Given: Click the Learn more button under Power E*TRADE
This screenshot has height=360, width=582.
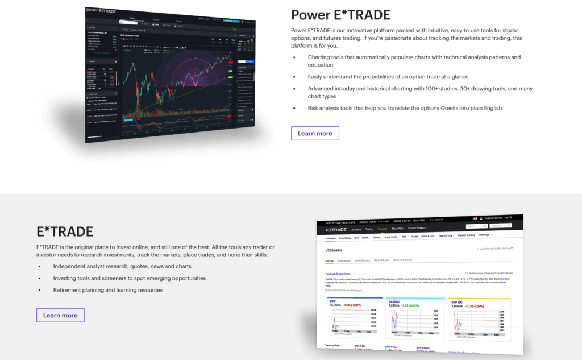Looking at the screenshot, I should click(315, 133).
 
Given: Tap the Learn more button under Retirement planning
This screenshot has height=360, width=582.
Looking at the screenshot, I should click(60, 315).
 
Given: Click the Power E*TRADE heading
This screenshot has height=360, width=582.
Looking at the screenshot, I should click(340, 14).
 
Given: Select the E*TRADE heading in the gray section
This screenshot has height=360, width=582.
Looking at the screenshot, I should click(65, 231).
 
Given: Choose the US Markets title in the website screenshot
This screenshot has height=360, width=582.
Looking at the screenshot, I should click(334, 250).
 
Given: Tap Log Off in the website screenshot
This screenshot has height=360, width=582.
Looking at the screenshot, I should click(508, 218).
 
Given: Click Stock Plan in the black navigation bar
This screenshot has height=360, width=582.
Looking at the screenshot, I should click(398, 229).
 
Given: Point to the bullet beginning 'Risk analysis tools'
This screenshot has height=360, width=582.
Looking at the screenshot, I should click(405, 108).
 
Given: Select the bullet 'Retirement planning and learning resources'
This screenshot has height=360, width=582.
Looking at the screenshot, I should click(108, 290).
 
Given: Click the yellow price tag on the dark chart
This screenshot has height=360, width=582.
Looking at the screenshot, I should click(230, 77).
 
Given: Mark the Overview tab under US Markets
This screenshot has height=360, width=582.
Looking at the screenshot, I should click(329, 261).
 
